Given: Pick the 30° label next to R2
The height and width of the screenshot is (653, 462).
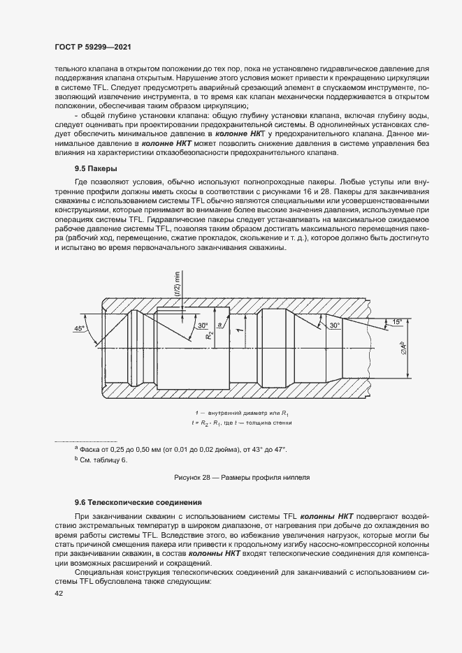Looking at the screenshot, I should (x=202, y=325).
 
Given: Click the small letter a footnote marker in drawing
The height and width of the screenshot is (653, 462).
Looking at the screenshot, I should (x=220, y=325).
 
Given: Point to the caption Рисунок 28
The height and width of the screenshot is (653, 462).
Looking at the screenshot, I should (x=241, y=477).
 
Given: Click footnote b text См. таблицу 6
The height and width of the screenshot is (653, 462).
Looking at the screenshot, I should (x=104, y=460).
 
